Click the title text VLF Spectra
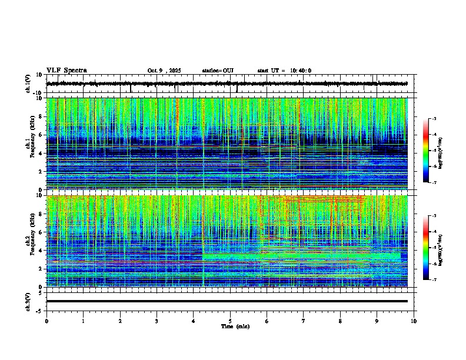coord(66,71)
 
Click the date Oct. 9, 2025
coord(164,71)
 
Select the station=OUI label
coord(218,71)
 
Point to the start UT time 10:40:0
coord(299,71)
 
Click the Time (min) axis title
coord(235,326)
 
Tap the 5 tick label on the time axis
coord(230,321)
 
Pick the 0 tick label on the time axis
coord(46,321)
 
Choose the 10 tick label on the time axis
coord(414,321)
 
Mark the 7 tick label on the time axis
coord(304,321)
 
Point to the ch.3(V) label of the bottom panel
coord(29,301)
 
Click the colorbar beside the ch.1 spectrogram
coord(431,151)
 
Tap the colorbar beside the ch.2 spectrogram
coord(431,248)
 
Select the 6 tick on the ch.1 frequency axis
coord(42,135)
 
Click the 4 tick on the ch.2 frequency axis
coord(42,251)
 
